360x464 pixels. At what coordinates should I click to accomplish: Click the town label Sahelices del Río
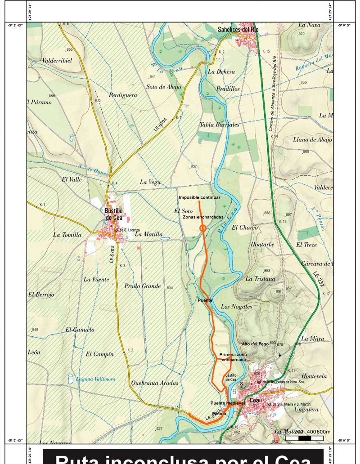pos(238,30)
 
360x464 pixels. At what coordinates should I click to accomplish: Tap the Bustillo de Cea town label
pos(113,214)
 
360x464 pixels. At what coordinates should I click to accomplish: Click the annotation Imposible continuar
pos(199,197)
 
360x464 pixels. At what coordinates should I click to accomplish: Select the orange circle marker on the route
pos(202,228)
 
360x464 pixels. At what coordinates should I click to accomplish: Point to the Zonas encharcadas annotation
pos(203,217)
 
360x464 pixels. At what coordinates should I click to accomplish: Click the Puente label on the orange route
pos(205,299)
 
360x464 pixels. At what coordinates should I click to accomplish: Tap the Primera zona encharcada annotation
pos(233,357)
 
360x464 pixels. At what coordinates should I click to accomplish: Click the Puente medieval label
pos(227,403)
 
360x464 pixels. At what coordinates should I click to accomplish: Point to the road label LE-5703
pos(112,254)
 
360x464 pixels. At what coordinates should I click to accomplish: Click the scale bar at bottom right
pos(304,438)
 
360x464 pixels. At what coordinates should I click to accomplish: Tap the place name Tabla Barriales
pos(220,125)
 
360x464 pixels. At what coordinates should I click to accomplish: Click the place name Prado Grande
pos(142,286)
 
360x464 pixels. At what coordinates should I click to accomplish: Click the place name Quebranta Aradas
pos(154,383)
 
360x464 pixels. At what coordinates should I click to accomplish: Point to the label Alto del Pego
pos(256,344)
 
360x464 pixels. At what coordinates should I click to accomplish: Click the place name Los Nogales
pos(236,307)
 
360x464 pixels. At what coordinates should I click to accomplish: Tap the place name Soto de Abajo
pos(164,87)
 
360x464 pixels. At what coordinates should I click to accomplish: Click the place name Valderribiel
pos(57,60)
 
